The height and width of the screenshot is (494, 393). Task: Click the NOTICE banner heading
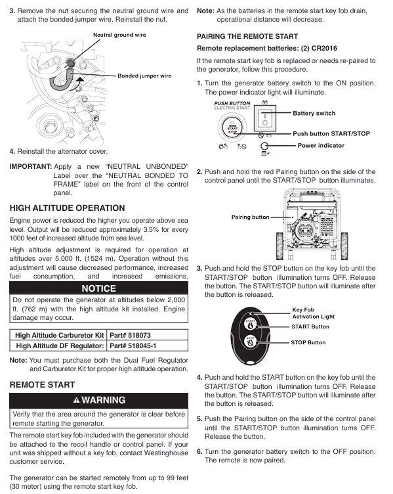point(99,288)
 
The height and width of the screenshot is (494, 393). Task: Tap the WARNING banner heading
point(103,400)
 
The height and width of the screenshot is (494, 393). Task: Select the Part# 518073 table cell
point(130,335)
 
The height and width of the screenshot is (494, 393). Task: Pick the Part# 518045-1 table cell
point(133,346)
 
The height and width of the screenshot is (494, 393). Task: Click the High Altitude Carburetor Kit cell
point(60,335)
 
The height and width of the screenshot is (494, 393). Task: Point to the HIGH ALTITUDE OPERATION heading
point(68,208)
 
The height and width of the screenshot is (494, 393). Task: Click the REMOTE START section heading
point(42,385)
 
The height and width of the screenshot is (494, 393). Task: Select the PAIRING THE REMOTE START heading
point(247,37)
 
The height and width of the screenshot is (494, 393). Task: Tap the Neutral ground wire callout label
point(119,35)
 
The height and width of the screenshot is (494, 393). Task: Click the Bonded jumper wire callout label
point(144,76)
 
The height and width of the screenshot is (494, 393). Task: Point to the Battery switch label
point(314,114)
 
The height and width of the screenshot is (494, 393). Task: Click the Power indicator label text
point(321,146)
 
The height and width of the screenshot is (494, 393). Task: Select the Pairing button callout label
point(251,217)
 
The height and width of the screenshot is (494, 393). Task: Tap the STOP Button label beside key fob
point(308,342)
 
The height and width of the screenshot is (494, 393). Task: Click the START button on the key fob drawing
point(251,325)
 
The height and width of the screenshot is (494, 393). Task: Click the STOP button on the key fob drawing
point(251,342)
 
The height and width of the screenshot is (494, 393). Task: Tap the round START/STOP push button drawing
point(232,128)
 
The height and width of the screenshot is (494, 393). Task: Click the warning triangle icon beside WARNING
point(77,401)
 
